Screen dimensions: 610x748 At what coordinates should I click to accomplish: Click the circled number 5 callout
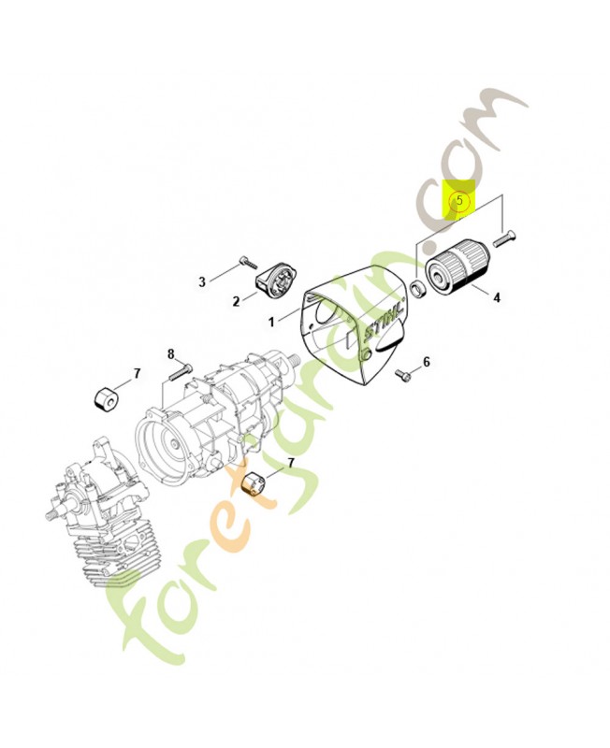pyautogui.click(x=459, y=201)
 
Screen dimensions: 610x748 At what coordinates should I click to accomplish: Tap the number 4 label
pyautogui.click(x=497, y=297)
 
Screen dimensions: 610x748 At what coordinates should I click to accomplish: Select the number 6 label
pyautogui.click(x=427, y=362)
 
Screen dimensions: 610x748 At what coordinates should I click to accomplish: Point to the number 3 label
pyautogui.click(x=202, y=282)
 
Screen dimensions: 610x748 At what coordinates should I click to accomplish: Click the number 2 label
pyautogui.click(x=236, y=302)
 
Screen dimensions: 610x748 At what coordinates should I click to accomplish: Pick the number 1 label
pyautogui.click(x=271, y=323)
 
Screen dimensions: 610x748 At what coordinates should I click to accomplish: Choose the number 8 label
pyautogui.click(x=171, y=354)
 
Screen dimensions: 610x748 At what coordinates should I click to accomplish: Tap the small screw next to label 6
pyautogui.click(x=403, y=377)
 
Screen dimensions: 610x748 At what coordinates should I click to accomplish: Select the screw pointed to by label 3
pyautogui.click(x=248, y=262)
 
